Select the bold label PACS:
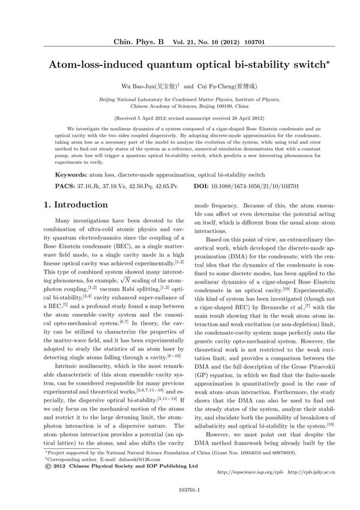[x=65, y=187]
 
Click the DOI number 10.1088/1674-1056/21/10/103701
[x=259, y=187]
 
